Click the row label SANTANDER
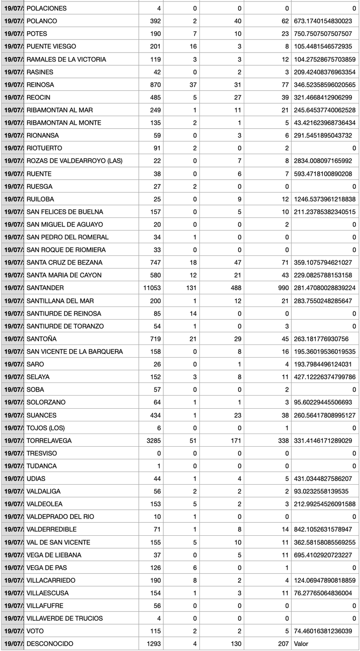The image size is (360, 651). coord(45,288)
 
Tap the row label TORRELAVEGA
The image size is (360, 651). coord(49,440)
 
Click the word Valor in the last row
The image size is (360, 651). coord(301,643)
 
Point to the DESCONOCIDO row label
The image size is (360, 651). coord(50,643)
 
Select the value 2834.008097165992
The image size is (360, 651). coord(325,161)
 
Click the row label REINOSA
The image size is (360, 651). coord(41,85)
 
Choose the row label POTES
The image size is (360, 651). coord(37,34)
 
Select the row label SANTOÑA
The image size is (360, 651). coord(42,339)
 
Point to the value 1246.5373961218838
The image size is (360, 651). coord(325,199)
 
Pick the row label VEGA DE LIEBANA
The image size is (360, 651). coord(54,555)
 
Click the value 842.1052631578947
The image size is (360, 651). coord(325,529)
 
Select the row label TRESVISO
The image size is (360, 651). coord(42,453)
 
